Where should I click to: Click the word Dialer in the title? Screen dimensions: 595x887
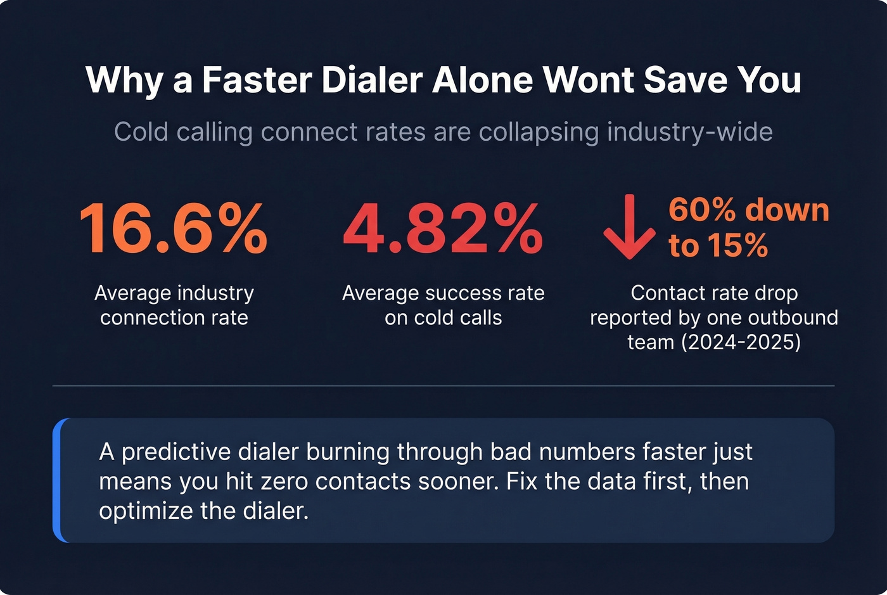[x=372, y=80]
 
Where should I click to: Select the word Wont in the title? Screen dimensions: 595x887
[x=588, y=80]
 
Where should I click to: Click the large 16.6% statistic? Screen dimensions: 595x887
[x=174, y=229]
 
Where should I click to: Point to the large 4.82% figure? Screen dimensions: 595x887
[x=443, y=229]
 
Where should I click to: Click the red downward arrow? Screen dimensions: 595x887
[x=629, y=227]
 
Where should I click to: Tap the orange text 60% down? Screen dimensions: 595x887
[x=749, y=210]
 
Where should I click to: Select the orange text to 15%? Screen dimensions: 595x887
[x=718, y=245]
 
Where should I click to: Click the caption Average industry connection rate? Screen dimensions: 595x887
[x=174, y=305]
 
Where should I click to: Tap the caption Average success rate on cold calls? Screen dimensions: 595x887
[x=443, y=305]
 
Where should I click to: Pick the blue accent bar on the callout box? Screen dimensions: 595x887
[x=57, y=480]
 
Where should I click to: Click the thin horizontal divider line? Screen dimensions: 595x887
[x=443, y=385]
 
